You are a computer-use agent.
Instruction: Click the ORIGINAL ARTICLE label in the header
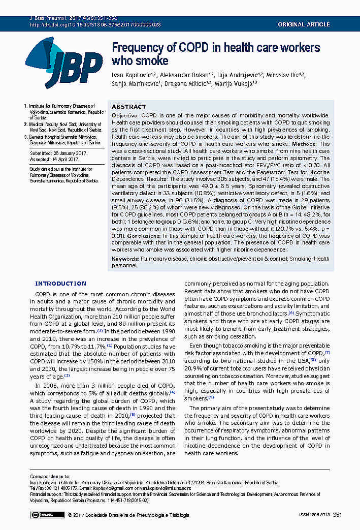[303, 24]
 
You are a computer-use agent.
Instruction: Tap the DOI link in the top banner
[95, 24]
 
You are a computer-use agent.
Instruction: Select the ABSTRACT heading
[128, 107]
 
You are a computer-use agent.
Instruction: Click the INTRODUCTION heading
[60, 284]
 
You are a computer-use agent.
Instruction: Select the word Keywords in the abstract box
[125, 259]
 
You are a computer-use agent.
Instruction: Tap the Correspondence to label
[50, 477]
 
